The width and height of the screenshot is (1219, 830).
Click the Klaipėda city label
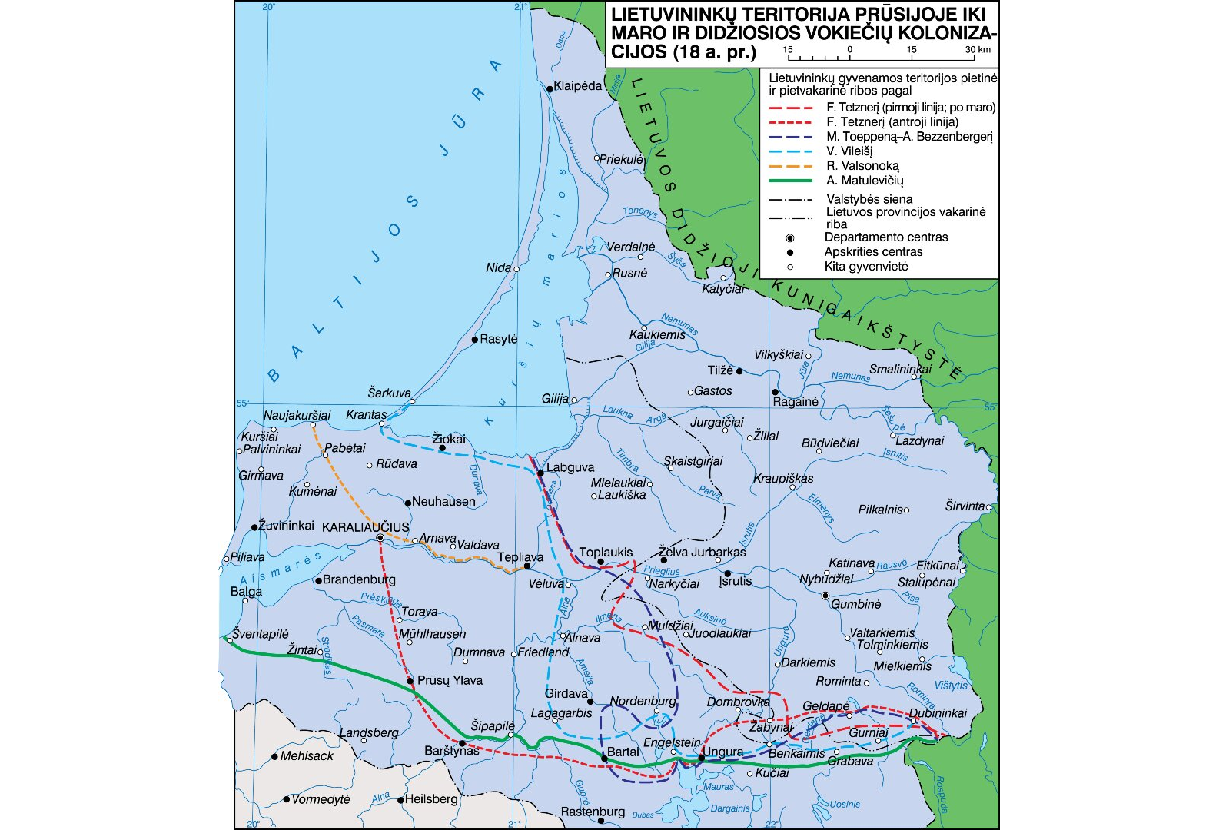577,86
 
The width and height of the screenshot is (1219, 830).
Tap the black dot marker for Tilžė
739,371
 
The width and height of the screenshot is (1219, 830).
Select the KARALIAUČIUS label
365,527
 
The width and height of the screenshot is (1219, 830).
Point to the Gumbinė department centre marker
825,596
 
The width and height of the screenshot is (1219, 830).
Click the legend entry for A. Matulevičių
865,181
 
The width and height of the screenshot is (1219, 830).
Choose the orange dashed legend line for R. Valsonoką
791,166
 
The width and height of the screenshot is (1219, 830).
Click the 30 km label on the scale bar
978,49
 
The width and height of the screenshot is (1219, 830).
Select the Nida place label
498,268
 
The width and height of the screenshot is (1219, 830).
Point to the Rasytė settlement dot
475,340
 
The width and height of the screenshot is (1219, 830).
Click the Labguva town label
570,467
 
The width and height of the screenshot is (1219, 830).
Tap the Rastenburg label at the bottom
593,812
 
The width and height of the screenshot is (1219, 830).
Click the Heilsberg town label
431,799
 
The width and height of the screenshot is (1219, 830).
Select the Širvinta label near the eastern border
965,506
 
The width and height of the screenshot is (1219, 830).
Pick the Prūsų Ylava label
450,680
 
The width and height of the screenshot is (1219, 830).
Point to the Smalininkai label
900,369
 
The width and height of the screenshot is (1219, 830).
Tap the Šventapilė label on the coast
261,634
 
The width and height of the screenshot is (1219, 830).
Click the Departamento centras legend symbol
790,237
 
